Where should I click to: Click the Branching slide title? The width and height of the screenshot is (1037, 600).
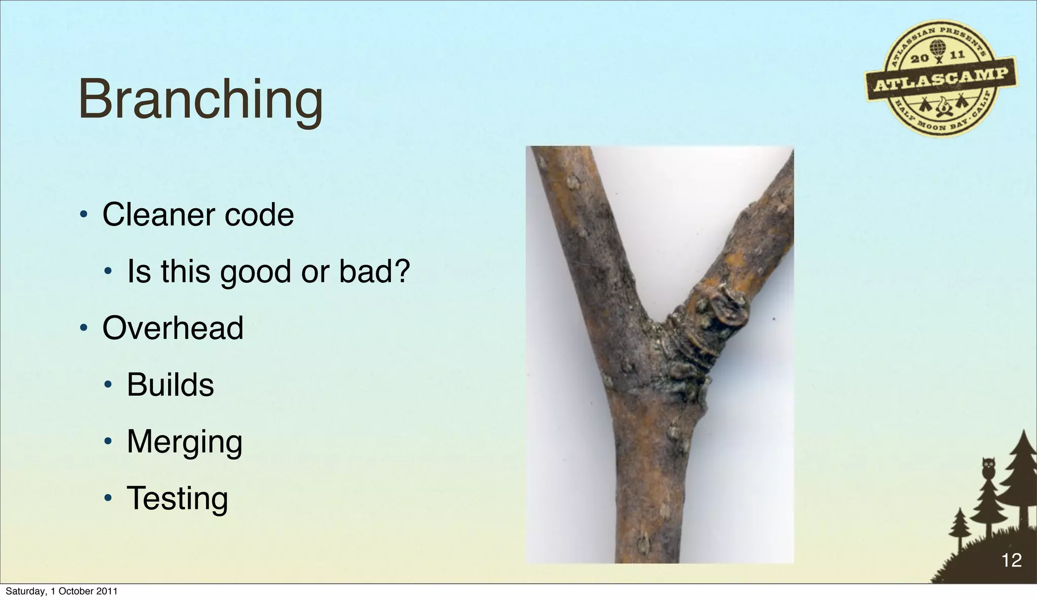(x=201, y=100)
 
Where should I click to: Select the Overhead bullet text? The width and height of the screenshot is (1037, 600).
(x=173, y=328)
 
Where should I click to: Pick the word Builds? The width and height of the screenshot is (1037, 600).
(x=170, y=385)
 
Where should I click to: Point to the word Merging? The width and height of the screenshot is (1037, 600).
(x=184, y=442)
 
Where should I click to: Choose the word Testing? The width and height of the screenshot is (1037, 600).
(x=177, y=498)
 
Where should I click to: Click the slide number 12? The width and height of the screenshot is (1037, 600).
(x=1011, y=560)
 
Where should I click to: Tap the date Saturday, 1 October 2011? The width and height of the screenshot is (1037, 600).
(x=61, y=591)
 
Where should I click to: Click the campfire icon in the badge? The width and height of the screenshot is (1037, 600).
(x=942, y=107)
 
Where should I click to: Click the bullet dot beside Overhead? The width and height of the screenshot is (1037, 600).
(x=84, y=328)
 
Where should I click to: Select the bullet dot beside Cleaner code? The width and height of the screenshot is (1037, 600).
(x=84, y=215)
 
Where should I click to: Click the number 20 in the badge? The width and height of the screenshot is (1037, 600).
(x=920, y=58)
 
